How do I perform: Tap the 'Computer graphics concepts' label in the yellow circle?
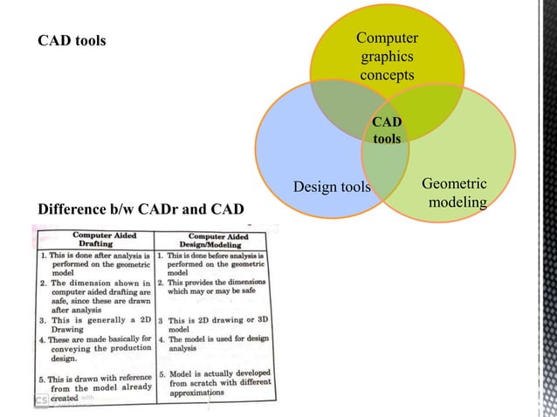[388, 57]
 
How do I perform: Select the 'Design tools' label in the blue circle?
[332, 187]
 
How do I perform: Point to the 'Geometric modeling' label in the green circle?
[455, 193]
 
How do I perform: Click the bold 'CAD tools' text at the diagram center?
[387, 130]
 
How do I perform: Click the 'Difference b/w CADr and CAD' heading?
[140, 208]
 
